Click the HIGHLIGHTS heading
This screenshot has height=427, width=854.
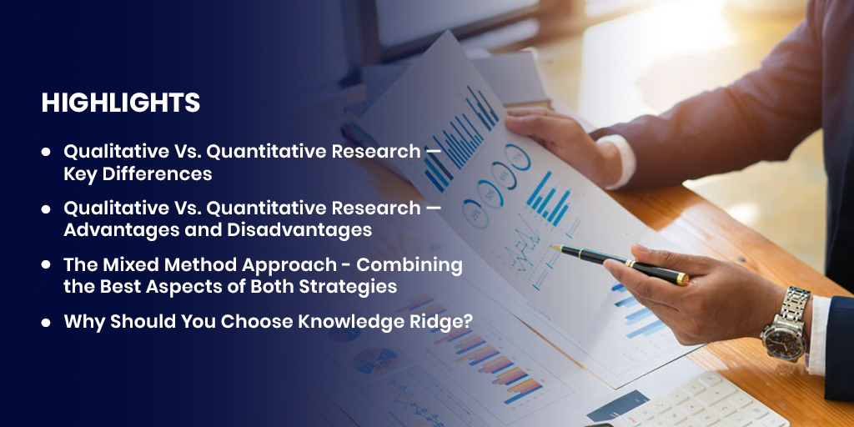(x=121, y=103)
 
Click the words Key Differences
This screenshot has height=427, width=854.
(x=138, y=174)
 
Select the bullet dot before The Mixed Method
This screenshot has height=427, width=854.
(x=46, y=265)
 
